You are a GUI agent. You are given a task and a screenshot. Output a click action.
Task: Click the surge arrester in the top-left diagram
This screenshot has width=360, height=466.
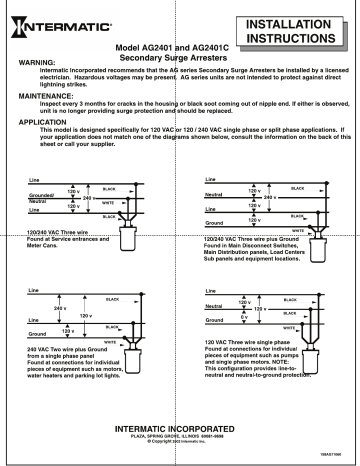coord(128,236)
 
